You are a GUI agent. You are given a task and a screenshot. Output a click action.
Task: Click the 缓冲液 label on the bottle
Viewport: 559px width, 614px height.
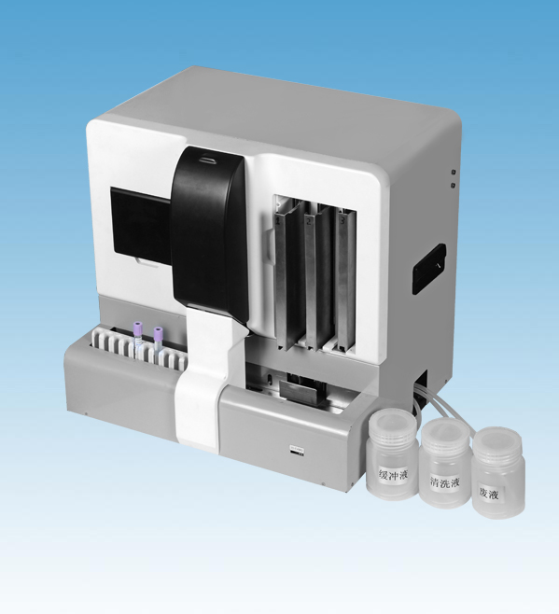(393, 475)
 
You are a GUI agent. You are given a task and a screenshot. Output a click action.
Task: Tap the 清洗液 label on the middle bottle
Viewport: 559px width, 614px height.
(444, 482)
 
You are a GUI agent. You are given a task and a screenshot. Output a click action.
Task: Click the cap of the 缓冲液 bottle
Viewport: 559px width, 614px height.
(392, 427)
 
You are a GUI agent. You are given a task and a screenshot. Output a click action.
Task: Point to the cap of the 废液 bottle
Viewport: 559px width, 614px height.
(497, 443)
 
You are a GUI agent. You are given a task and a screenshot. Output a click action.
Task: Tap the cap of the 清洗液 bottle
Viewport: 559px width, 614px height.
(445, 434)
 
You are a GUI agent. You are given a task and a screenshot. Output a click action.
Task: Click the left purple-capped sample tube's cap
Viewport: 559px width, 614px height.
(137, 327)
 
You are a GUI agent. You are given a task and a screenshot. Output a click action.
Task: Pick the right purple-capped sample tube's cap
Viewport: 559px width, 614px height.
(158, 333)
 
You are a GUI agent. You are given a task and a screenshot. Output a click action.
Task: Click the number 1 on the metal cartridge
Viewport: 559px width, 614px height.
(279, 221)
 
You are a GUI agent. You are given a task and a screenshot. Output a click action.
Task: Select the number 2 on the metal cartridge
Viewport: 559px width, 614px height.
(309, 222)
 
